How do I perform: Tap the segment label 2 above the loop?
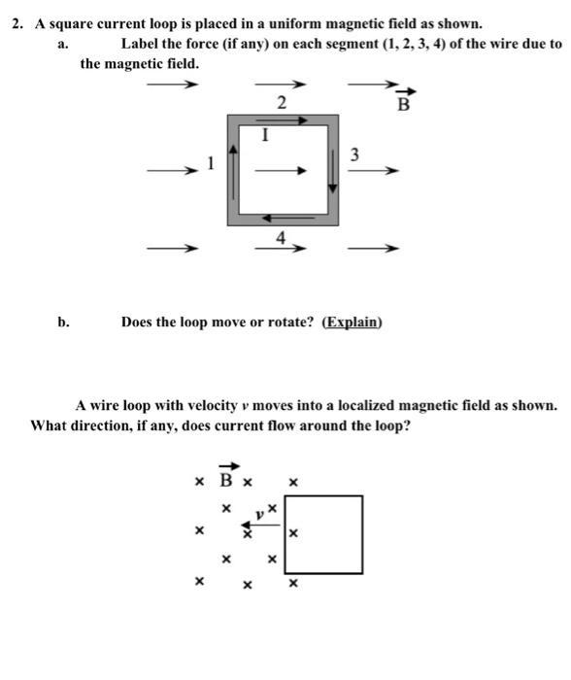(282, 103)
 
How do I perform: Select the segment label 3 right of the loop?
(354, 154)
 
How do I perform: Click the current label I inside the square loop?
(262, 137)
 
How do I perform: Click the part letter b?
(63, 322)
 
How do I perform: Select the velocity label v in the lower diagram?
(259, 513)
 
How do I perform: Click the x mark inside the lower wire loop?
(292, 532)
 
